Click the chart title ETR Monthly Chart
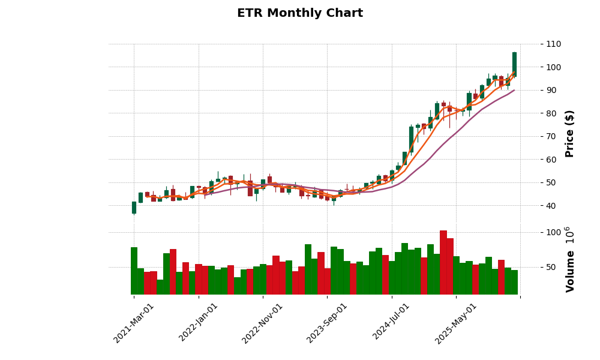(x=299, y=13)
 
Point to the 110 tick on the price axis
(x=553, y=44)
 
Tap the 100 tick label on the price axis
(x=553, y=67)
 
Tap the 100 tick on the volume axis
(x=553, y=232)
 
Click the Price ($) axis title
(x=570, y=133)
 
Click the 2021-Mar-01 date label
(x=134, y=322)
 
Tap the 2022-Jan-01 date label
(x=199, y=322)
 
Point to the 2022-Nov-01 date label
(x=262, y=322)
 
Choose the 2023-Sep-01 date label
(x=327, y=322)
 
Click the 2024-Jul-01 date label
(x=391, y=322)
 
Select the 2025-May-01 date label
(x=455, y=322)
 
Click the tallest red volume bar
(x=443, y=262)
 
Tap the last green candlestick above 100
(x=514, y=64)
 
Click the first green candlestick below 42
(x=134, y=208)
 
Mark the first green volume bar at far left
(x=134, y=271)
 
